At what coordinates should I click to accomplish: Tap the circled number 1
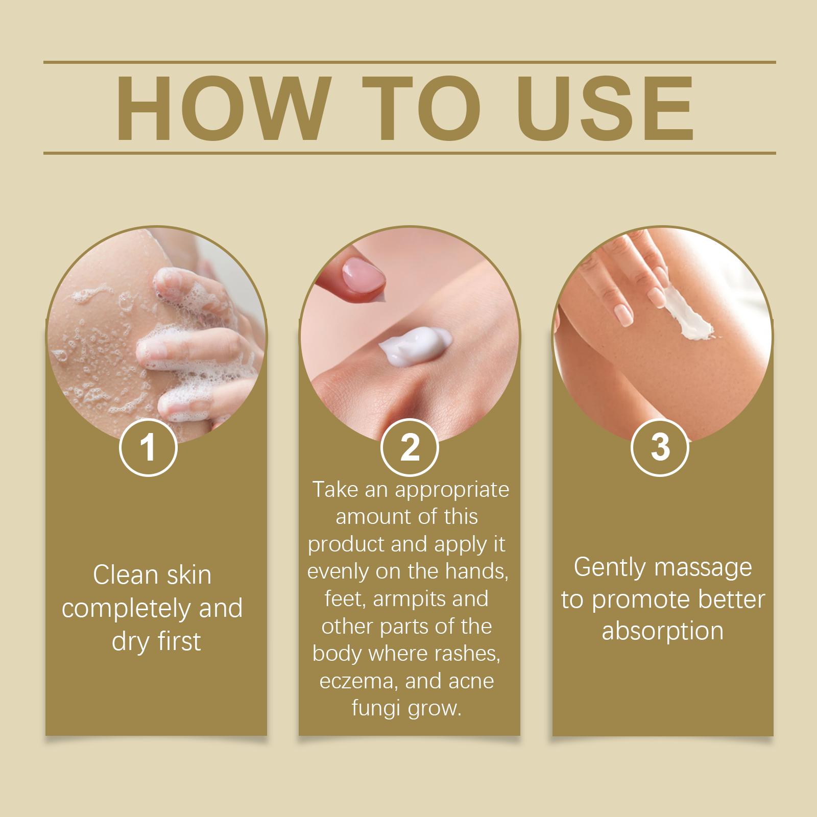tap(148, 447)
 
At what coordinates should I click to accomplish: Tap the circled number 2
tap(410, 447)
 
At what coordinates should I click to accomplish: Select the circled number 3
tap(660, 447)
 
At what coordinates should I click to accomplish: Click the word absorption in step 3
tap(662, 631)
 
